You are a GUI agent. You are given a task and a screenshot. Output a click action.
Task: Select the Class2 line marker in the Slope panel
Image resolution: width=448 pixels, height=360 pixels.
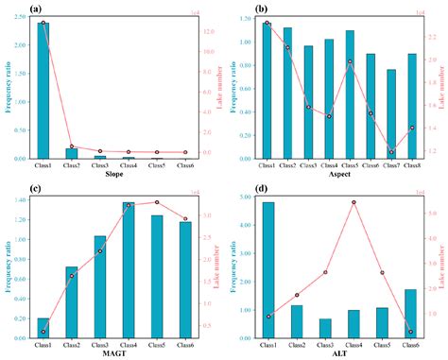point(72,146)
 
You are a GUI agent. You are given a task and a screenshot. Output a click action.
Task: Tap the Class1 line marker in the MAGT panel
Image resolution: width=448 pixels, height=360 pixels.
point(43,332)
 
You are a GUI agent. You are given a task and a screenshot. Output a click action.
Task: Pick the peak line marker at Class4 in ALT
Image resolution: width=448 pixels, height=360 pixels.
point(353,202)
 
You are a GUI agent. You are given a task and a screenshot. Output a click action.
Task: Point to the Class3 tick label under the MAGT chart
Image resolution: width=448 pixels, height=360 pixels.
point(100,344)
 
